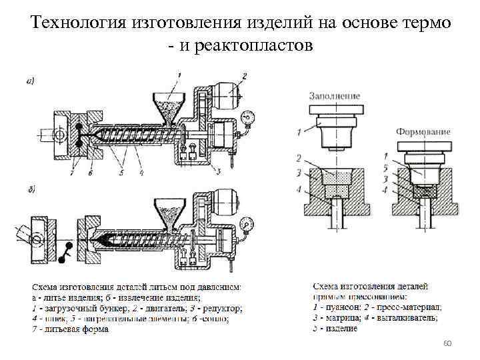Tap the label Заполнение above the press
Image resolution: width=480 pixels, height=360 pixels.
333,96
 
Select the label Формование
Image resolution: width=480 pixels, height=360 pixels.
423,132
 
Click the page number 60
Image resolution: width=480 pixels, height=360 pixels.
447,343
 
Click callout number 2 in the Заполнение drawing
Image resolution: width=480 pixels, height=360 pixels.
301,158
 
